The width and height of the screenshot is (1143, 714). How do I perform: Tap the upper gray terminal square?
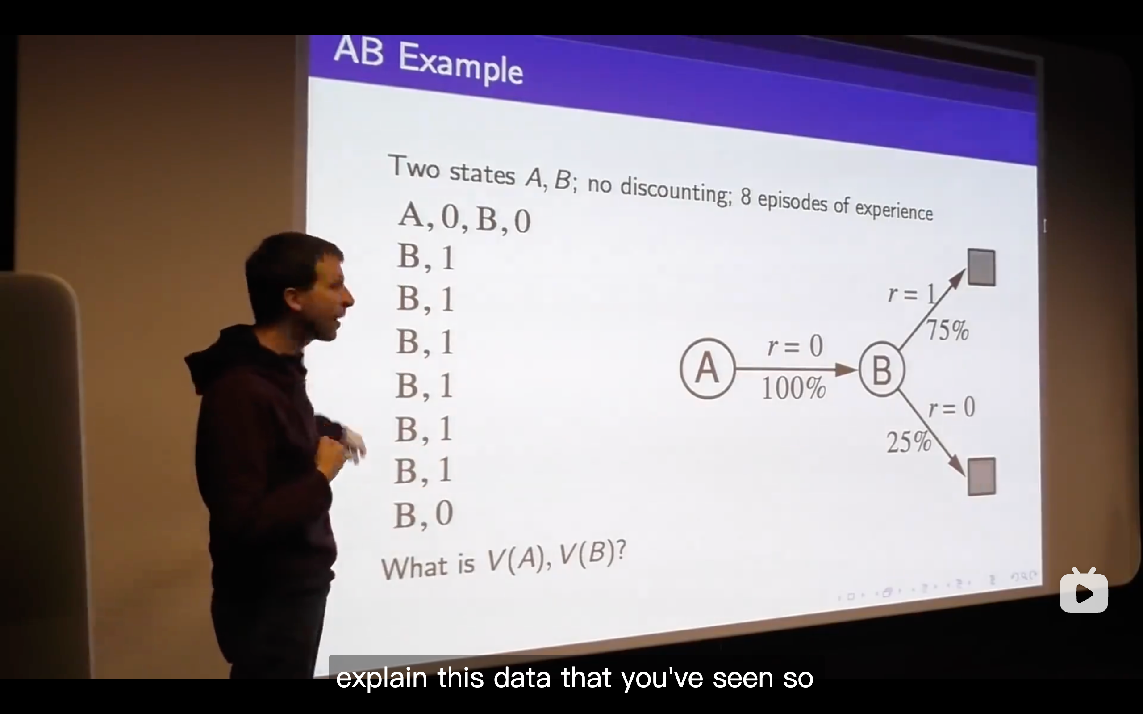coord(982,267)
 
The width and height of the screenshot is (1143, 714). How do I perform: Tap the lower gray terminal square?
coord(982,476)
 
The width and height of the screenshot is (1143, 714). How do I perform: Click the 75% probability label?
coord(947,330)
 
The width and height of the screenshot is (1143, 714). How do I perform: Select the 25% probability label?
coord(909,442)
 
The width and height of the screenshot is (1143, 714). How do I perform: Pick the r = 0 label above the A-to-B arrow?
coord(795,346)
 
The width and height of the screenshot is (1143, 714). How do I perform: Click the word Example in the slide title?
coord(460,66)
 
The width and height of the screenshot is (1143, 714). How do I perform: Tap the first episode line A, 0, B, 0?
coord(464,217)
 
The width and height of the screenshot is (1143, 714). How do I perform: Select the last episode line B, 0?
coord(423,514)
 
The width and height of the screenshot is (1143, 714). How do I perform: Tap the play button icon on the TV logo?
coord(1085,593)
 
